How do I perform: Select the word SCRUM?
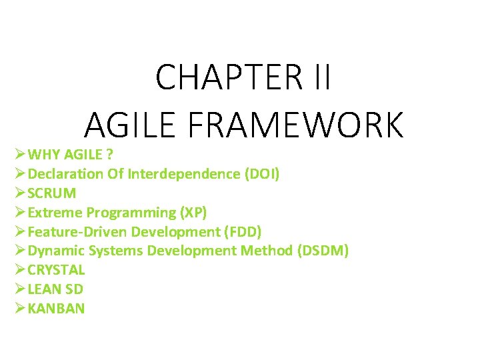coord(52,193)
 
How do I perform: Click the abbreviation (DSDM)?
coord(323,251)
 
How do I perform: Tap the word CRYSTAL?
coord(57,270)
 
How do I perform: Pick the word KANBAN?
coord(57,309)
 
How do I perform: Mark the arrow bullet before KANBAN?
coord(19,309)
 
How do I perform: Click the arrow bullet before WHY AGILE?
coord(19,155)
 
